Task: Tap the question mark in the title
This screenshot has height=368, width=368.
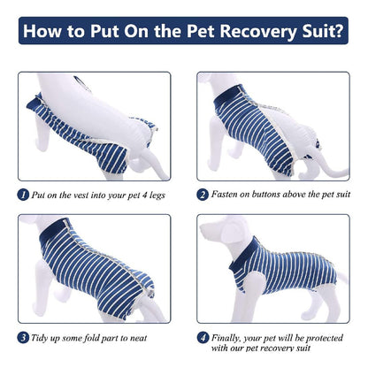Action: click(338, 30)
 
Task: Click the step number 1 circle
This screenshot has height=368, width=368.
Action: click(23, 195)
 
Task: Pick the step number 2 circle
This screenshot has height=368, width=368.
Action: click(203, 195)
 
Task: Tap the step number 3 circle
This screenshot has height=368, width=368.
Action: click(23, 338)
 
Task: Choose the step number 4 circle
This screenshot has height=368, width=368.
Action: click(203, 338)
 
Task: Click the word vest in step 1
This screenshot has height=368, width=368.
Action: click(80, 195)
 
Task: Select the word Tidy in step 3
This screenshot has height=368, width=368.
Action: click(38, 338)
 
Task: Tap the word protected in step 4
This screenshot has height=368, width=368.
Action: click(326, 338)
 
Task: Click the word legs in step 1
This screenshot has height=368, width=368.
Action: click(157, 195)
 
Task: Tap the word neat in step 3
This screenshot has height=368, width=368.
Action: click(138, 338)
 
